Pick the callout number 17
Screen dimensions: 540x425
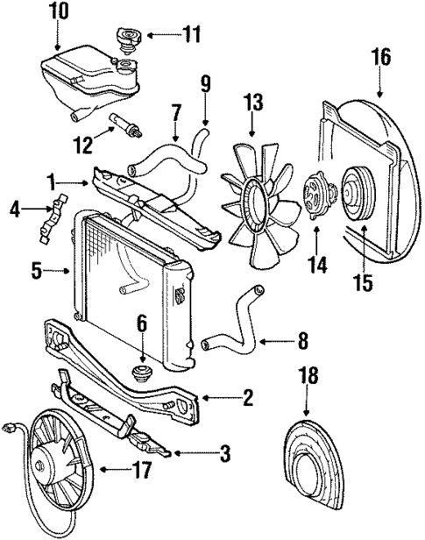click(x=142, y=470)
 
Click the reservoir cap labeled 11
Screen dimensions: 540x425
click(x=124, y=39)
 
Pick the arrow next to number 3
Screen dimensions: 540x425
click(x=184, y=453)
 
